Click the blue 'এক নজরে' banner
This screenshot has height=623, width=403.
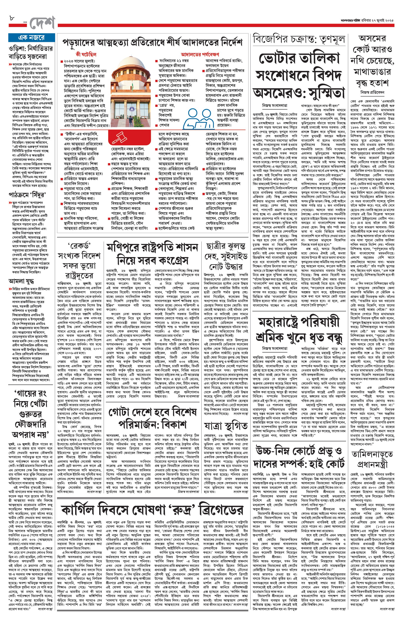[x=31, y=38]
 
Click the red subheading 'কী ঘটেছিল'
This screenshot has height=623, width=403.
[x=86, y=54]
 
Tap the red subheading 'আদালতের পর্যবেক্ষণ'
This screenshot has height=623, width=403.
[x=200, y=54]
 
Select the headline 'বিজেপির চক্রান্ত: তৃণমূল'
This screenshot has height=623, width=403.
[x=299, y=39]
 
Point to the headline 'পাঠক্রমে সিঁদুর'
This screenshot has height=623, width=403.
[x=27, y=195]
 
